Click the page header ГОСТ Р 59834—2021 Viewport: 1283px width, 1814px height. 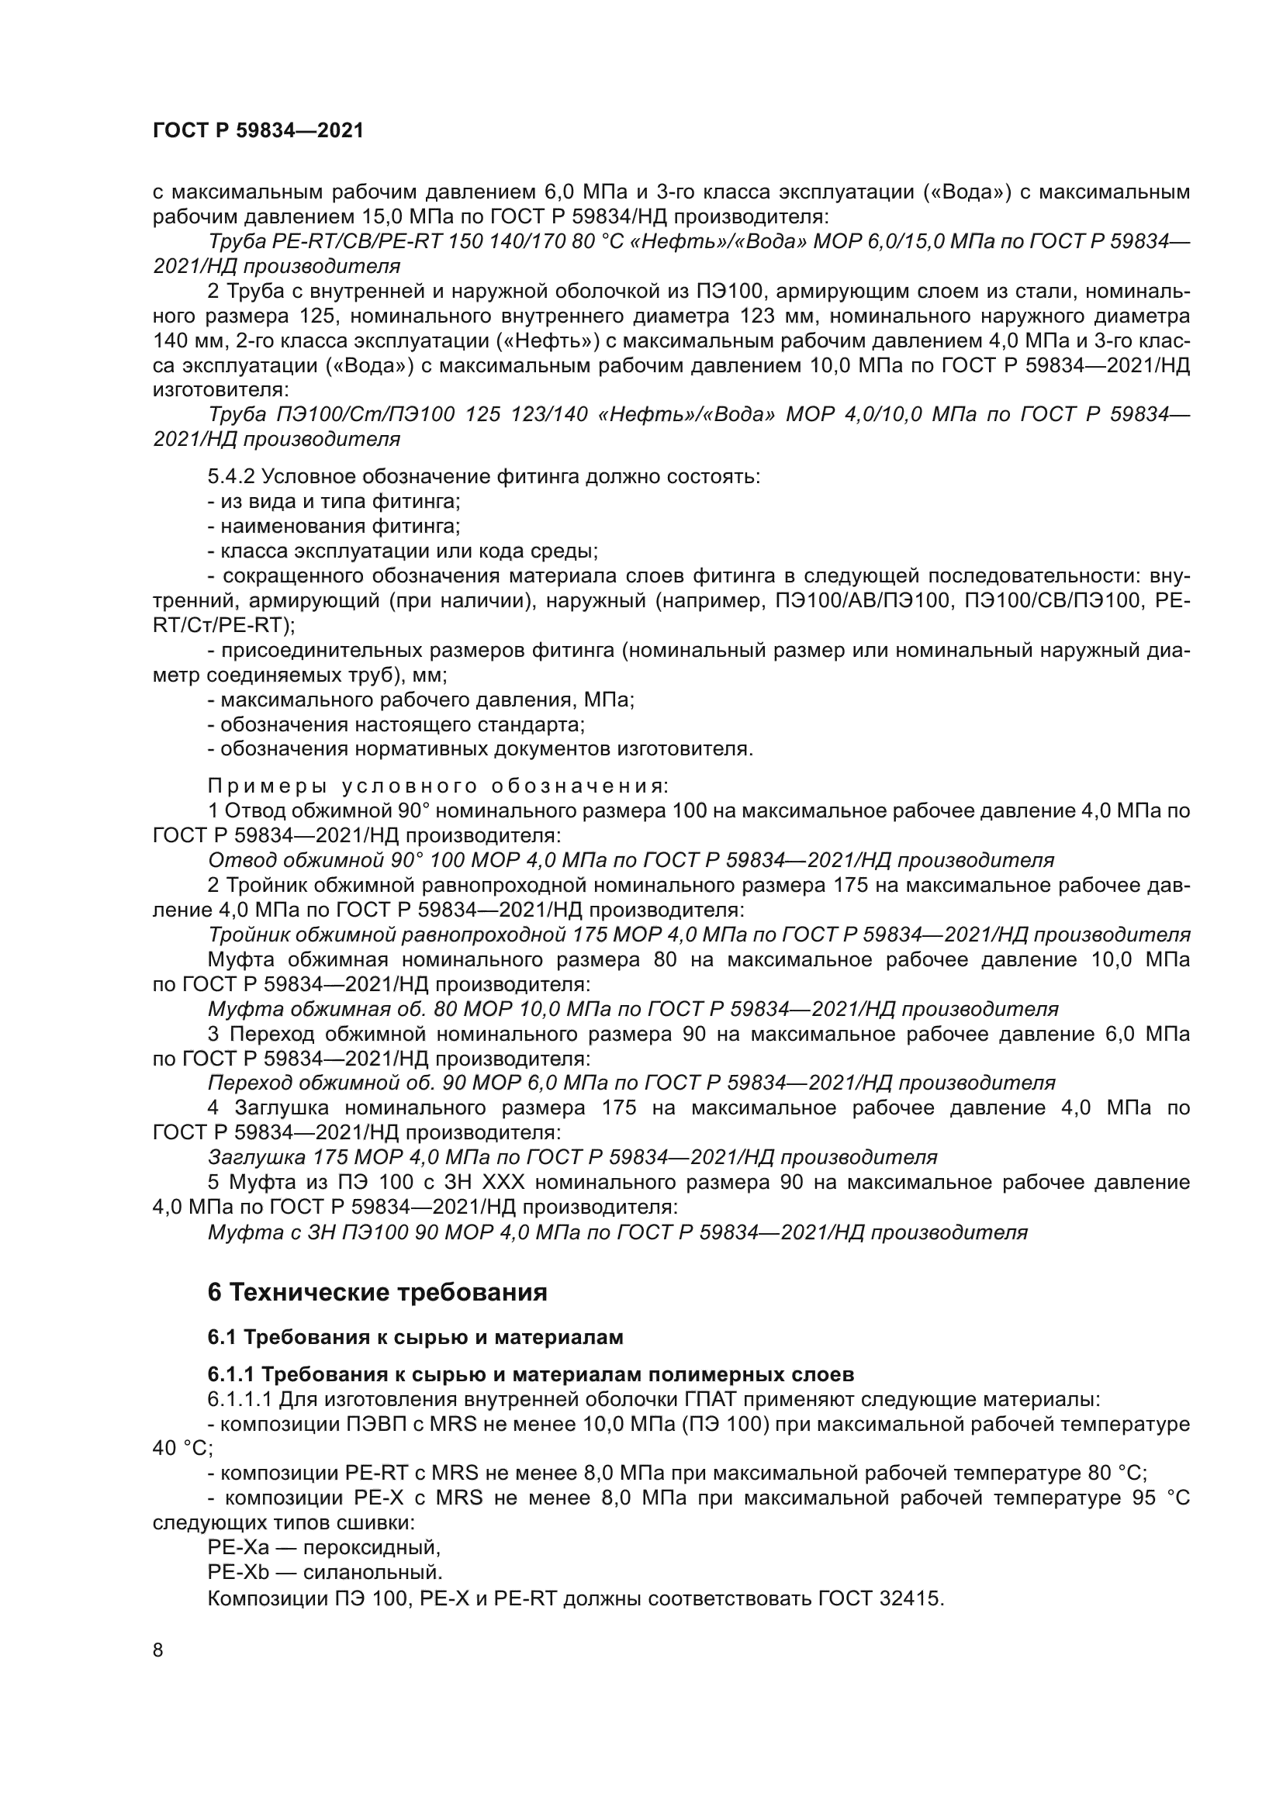(258, 131)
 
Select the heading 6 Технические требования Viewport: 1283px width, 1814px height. (377, 1293)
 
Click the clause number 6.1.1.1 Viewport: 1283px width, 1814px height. (240, 1399)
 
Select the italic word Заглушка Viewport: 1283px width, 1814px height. (257, 1157)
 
